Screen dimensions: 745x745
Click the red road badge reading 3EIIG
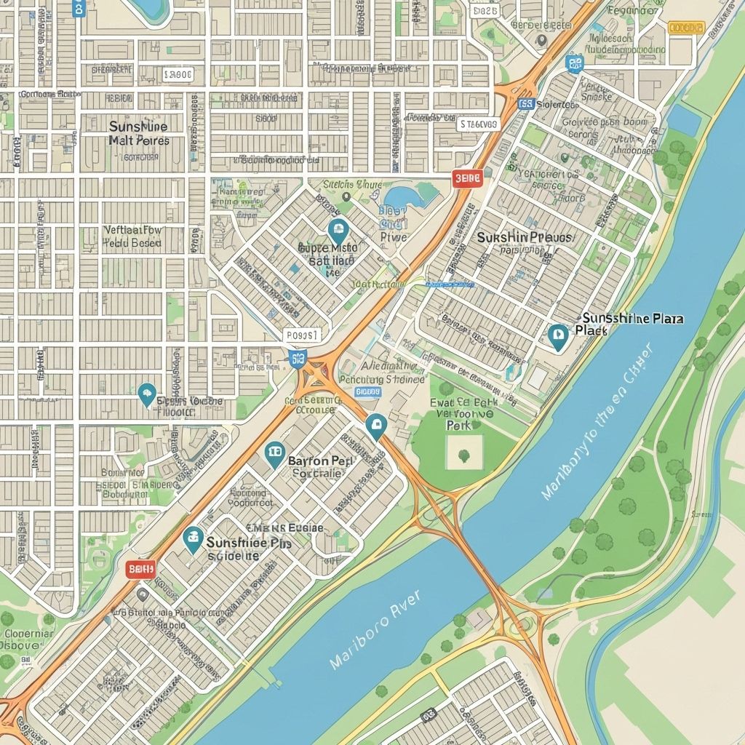pyautogui.click(x=467, y=178)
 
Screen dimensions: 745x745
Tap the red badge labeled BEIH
pyautogui.click(x=140, y=569)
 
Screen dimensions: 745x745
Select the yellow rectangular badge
pyautogui.click(x=686, y=28)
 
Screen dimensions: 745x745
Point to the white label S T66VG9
pyautogui.click(x=479, y=124)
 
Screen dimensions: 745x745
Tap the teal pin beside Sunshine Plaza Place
pyautogui.click(x=558, y=337)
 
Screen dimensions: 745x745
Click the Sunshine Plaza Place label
pyautogui.click(x=632, y=324)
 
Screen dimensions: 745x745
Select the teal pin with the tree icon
pyautogui.click(x=147, y=394)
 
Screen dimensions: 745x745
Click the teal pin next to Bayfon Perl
pyautogui.click(x=274, y=455)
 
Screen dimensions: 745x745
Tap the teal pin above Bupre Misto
pyautogui.click(x=338, y=232)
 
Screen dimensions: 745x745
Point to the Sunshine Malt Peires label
pyautogui.click(x=138, y=132)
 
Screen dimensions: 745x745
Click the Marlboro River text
pyautogui.click(x=374, y=630)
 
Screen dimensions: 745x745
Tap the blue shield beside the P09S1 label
pyautogui.click(x=297, y=357)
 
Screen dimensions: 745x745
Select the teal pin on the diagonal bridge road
pyautogui.click(x=375, y=426)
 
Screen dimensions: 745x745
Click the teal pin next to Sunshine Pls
pyautogui.click(x=193, y=539)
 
